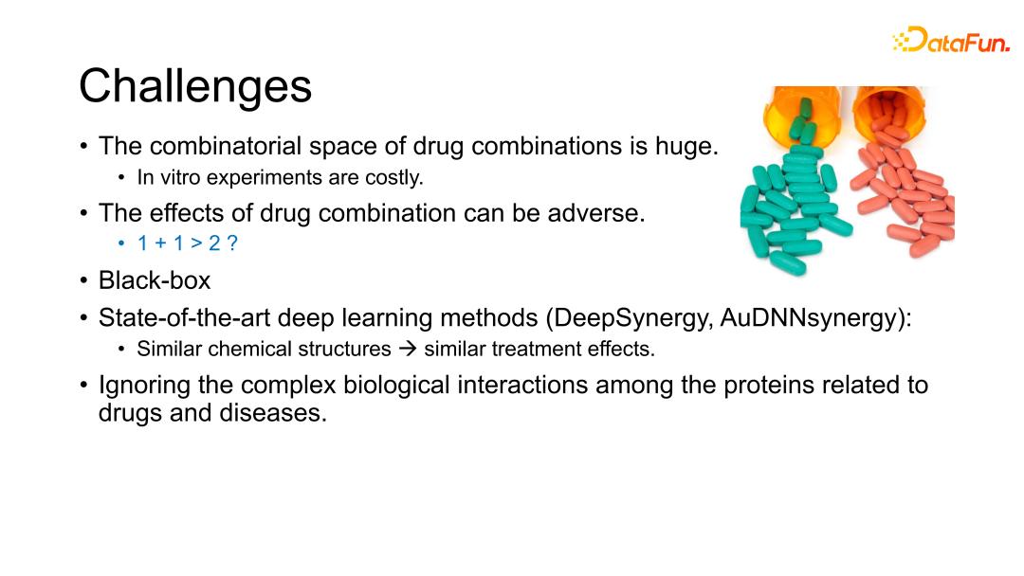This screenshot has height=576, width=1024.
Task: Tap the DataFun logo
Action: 951,40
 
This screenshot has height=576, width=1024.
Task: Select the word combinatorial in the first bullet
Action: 226,146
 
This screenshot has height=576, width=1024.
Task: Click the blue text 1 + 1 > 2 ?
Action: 188,243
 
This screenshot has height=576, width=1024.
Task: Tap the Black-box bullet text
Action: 155,280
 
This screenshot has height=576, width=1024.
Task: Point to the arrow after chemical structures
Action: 408,349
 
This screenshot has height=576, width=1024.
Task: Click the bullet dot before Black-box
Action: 83,281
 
